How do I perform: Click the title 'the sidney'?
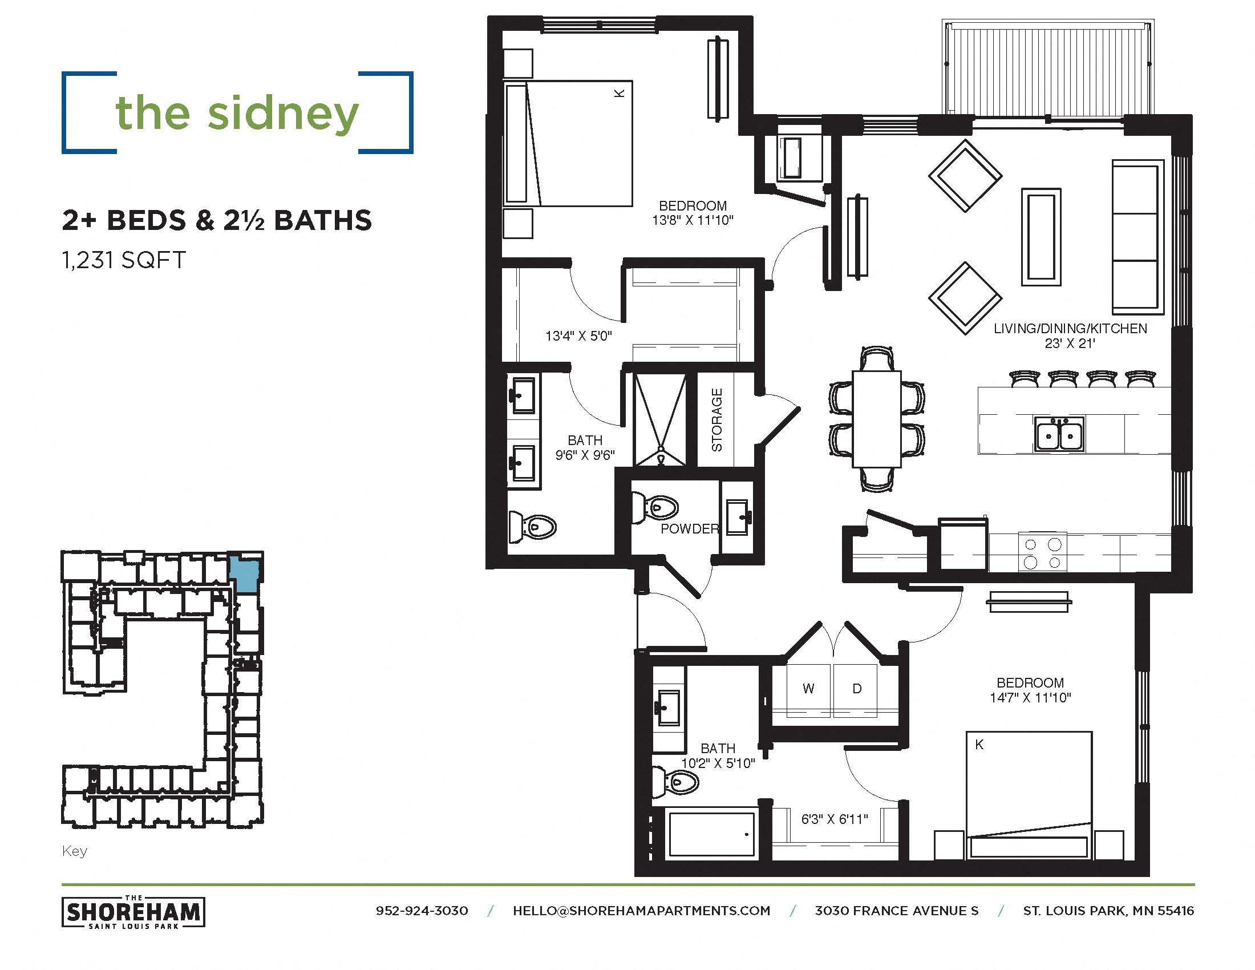click(237, 113)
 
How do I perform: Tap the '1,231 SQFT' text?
click(124, 260)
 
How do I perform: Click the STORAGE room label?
click(716, 419)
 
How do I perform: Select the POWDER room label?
click(689, 529)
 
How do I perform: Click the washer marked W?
click(808, 689)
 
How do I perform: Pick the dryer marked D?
click(856, 689)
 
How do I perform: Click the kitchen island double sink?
click(1059, 434)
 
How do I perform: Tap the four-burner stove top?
click(1042, 553)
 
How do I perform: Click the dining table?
click(876, 419)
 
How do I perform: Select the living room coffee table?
click(1041, 236)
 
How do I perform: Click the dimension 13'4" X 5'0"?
click(578, 336)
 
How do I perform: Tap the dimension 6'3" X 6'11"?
click(835, 819)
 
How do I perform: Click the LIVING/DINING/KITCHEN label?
click(1070, 329)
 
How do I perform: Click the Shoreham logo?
click(133, 912)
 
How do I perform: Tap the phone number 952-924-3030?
click(421, 911)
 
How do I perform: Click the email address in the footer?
click(641, 911)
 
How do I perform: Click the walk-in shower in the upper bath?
click(659, 419)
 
